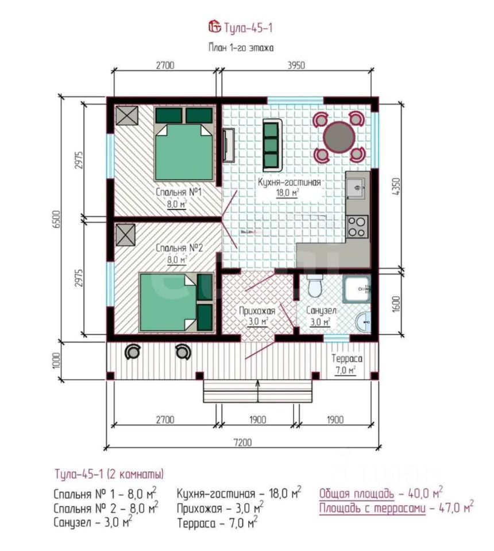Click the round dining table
[x=339, y=137]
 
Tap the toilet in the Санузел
[x=315, y=286]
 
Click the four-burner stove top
[x=358, y=227]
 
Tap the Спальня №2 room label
[x=179, y=248]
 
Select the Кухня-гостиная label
[x=290, y=182]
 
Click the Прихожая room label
[x=257, y=311]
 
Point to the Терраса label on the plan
[x=347, y=358]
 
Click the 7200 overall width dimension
[x=242, y=442]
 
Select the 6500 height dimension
[x=57, y=219]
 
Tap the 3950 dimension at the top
[x=296, y=65]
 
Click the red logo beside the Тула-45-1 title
[x=214, y=27]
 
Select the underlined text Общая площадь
[x=357, y=494]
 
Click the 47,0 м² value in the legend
[x=457, y=507]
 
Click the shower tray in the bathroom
[x=357, y=289]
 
